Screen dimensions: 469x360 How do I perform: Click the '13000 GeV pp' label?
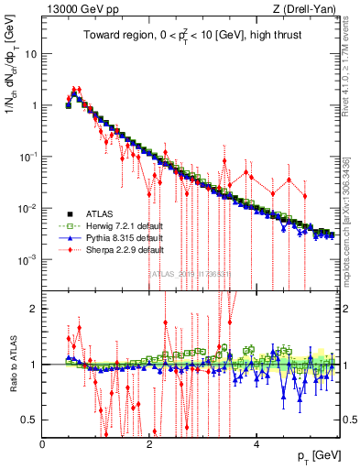78,8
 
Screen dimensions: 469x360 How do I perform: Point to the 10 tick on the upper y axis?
31,53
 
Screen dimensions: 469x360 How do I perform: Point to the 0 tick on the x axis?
42,442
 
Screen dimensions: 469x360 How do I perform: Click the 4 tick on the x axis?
256,442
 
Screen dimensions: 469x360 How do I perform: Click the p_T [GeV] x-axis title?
315,455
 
